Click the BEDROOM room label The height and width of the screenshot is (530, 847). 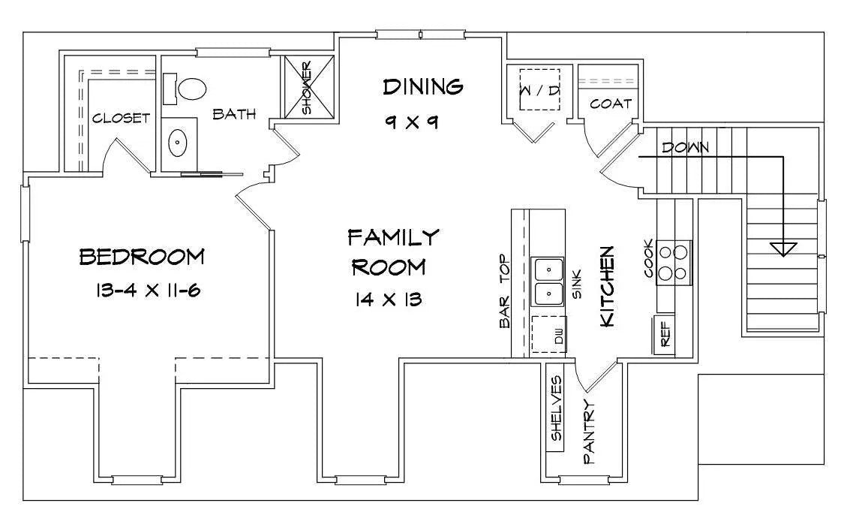pos(142,257)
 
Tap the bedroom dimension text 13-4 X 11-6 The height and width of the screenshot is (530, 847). pos(148,291)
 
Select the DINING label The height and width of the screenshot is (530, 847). pos(423,86)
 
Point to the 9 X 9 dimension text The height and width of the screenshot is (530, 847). pos(412,122)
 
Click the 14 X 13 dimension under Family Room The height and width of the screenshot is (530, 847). pos(389,300)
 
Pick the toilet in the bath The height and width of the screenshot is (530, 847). pos(187,89)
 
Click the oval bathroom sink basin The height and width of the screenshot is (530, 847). pos(177,143)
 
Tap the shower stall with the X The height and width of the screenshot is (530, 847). pos(309,86)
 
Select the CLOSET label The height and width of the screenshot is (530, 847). pos(121,118)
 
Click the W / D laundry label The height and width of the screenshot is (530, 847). pos(539,90)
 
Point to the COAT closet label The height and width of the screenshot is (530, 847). pos(611,103)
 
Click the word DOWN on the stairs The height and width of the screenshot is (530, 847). pos(686,147)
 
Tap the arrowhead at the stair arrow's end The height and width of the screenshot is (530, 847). pos(783,248)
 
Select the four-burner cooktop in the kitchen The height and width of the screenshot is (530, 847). pos(674,263)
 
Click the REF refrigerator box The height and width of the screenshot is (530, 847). pos(665,334)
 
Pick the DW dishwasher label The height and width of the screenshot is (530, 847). pos(559,336)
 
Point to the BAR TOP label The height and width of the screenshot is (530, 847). pos(505,291)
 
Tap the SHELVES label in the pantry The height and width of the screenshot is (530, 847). pos(557,408)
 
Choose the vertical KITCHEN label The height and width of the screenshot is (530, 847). pos(607,286)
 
